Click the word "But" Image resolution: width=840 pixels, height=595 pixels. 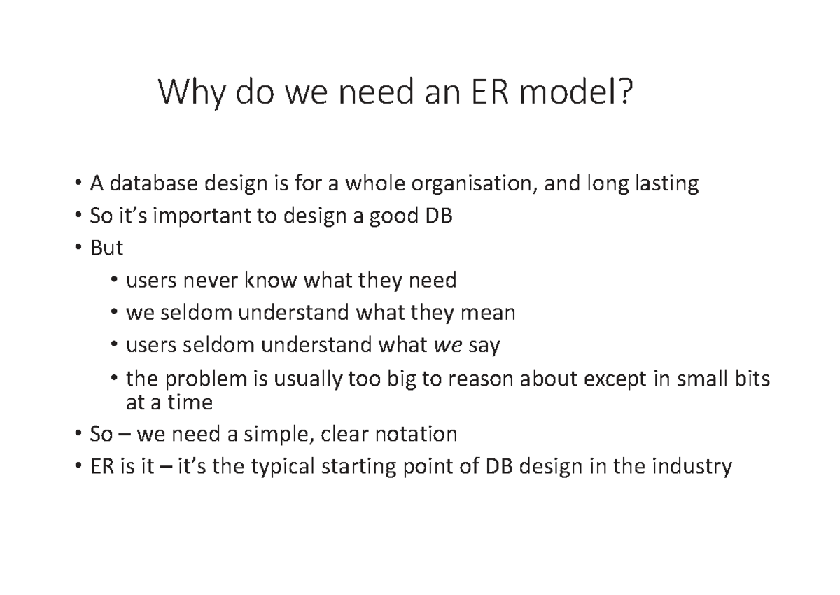click(106, 248)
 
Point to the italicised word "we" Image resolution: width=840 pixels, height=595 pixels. click(448, 345)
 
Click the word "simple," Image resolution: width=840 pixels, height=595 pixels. click(276, 435)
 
